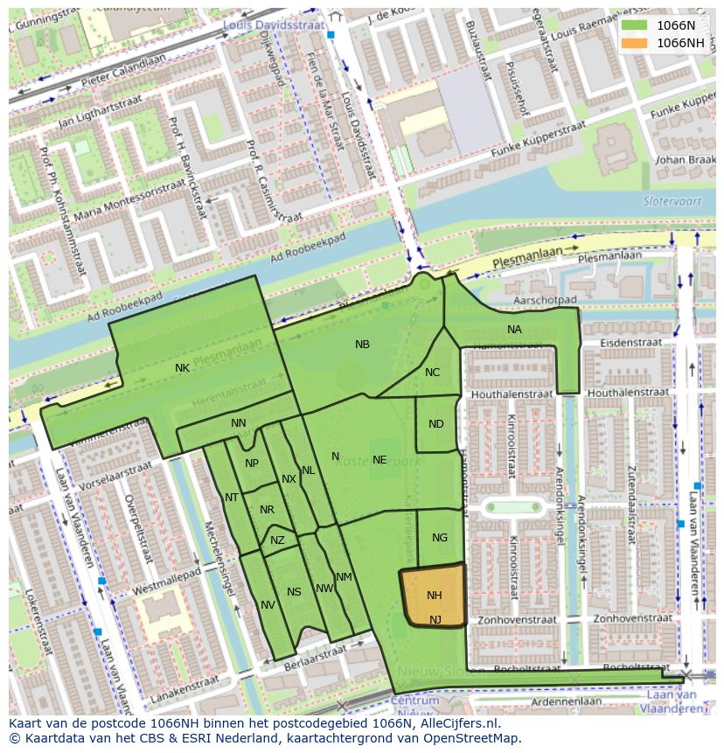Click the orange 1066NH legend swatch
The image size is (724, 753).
635,43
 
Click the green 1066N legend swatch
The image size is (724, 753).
635,25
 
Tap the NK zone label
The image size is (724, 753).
182,368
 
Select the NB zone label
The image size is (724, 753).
362,345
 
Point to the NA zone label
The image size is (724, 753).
514,330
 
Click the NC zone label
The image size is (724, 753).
432,373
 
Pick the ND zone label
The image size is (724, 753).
436,424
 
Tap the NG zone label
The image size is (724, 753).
440,538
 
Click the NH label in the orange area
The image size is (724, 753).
435,596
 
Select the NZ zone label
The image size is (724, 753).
277,540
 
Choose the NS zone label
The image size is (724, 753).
294,592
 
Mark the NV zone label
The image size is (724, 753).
268,605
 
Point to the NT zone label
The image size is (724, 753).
232,498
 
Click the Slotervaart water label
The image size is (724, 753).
666,200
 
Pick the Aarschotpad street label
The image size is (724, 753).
547,299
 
